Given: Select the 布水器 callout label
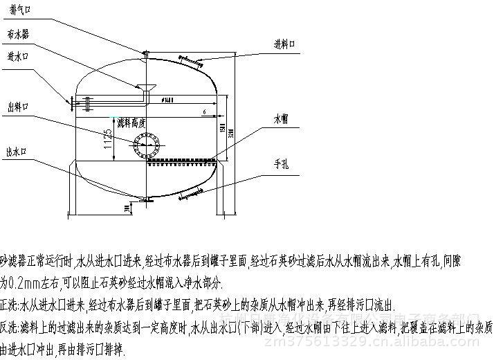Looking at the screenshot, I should pos(17,33).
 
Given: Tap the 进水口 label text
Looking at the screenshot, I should pos(17,55).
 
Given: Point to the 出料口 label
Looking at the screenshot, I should pos(17,107).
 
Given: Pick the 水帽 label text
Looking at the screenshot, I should pos(280,120).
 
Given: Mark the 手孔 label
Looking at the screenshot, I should pos(280,163).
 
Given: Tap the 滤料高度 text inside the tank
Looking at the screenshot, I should pos(131,123).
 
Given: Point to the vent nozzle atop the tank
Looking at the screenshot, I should pos(146,54).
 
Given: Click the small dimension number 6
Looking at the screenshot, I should pos(205,111).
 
